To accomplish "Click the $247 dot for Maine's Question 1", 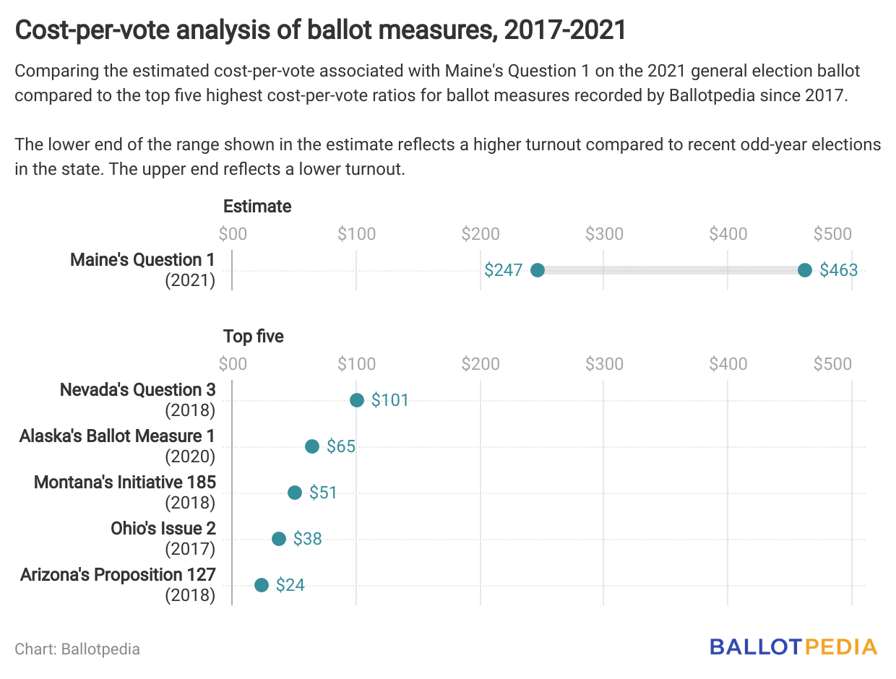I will (537, 270).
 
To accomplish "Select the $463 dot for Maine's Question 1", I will (805, 270).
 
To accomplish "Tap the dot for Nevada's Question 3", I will (357, 400).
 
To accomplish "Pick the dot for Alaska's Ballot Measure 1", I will (312, 446).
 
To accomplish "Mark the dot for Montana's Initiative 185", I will (295, 493).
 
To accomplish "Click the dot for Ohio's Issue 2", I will (279, 539).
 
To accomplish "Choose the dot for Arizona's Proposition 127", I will (262, 585).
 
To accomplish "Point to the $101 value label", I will (390, 400).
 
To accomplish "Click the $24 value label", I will (290, 585).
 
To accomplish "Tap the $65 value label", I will (341, 446).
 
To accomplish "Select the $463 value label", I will (839, 270).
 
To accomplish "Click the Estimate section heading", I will (257, 207).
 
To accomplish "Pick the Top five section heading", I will (254, 337).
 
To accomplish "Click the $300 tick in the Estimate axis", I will (604, 234).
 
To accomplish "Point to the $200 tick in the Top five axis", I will (481, 364).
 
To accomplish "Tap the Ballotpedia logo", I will (793, 646).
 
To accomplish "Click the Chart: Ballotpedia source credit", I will (77, 649).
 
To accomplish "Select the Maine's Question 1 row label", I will (143, 260).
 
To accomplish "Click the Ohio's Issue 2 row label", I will (163, 529).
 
